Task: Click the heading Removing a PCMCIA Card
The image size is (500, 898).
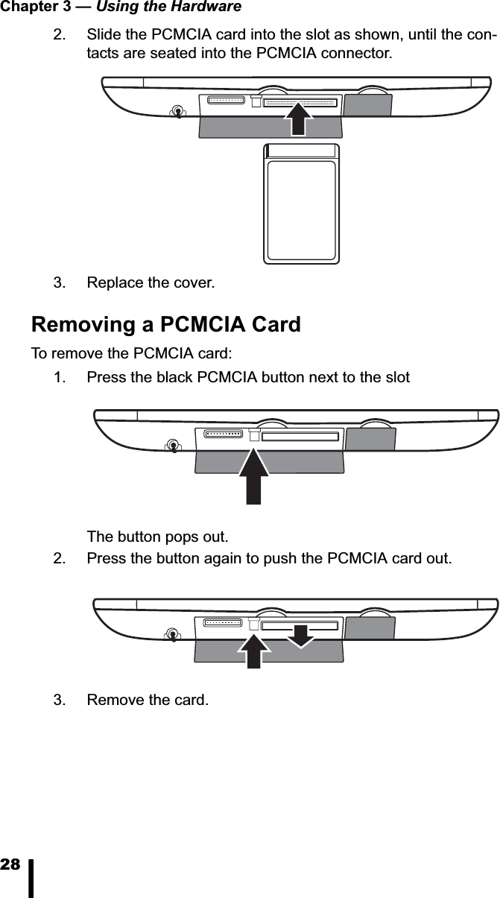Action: click(165, 325)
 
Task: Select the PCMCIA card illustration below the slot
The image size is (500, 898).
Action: click(302, 203)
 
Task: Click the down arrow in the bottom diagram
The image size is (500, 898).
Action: click(300, 636)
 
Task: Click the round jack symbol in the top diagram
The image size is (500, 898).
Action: click(177, 112)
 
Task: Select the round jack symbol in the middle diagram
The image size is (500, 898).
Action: click(173, 446)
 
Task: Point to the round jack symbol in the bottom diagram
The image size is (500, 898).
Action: click(173, 634)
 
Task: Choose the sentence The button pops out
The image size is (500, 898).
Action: click(158, 537)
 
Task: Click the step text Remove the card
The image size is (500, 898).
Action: click(148, 701)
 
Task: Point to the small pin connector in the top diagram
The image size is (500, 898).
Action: click(227, 100)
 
